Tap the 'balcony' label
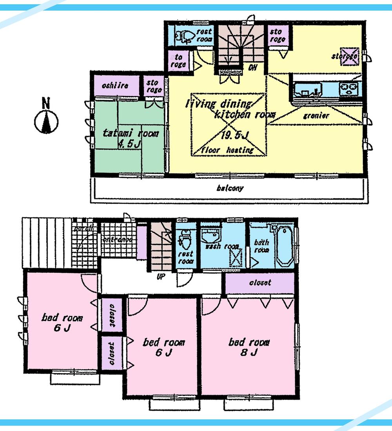point(230,188)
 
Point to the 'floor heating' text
point(228,150)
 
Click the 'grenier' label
point(316,116)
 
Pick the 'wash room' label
point(222,247)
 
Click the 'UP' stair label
point(160,276)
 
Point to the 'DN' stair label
point(253,68)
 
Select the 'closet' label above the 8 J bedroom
point(260,283)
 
